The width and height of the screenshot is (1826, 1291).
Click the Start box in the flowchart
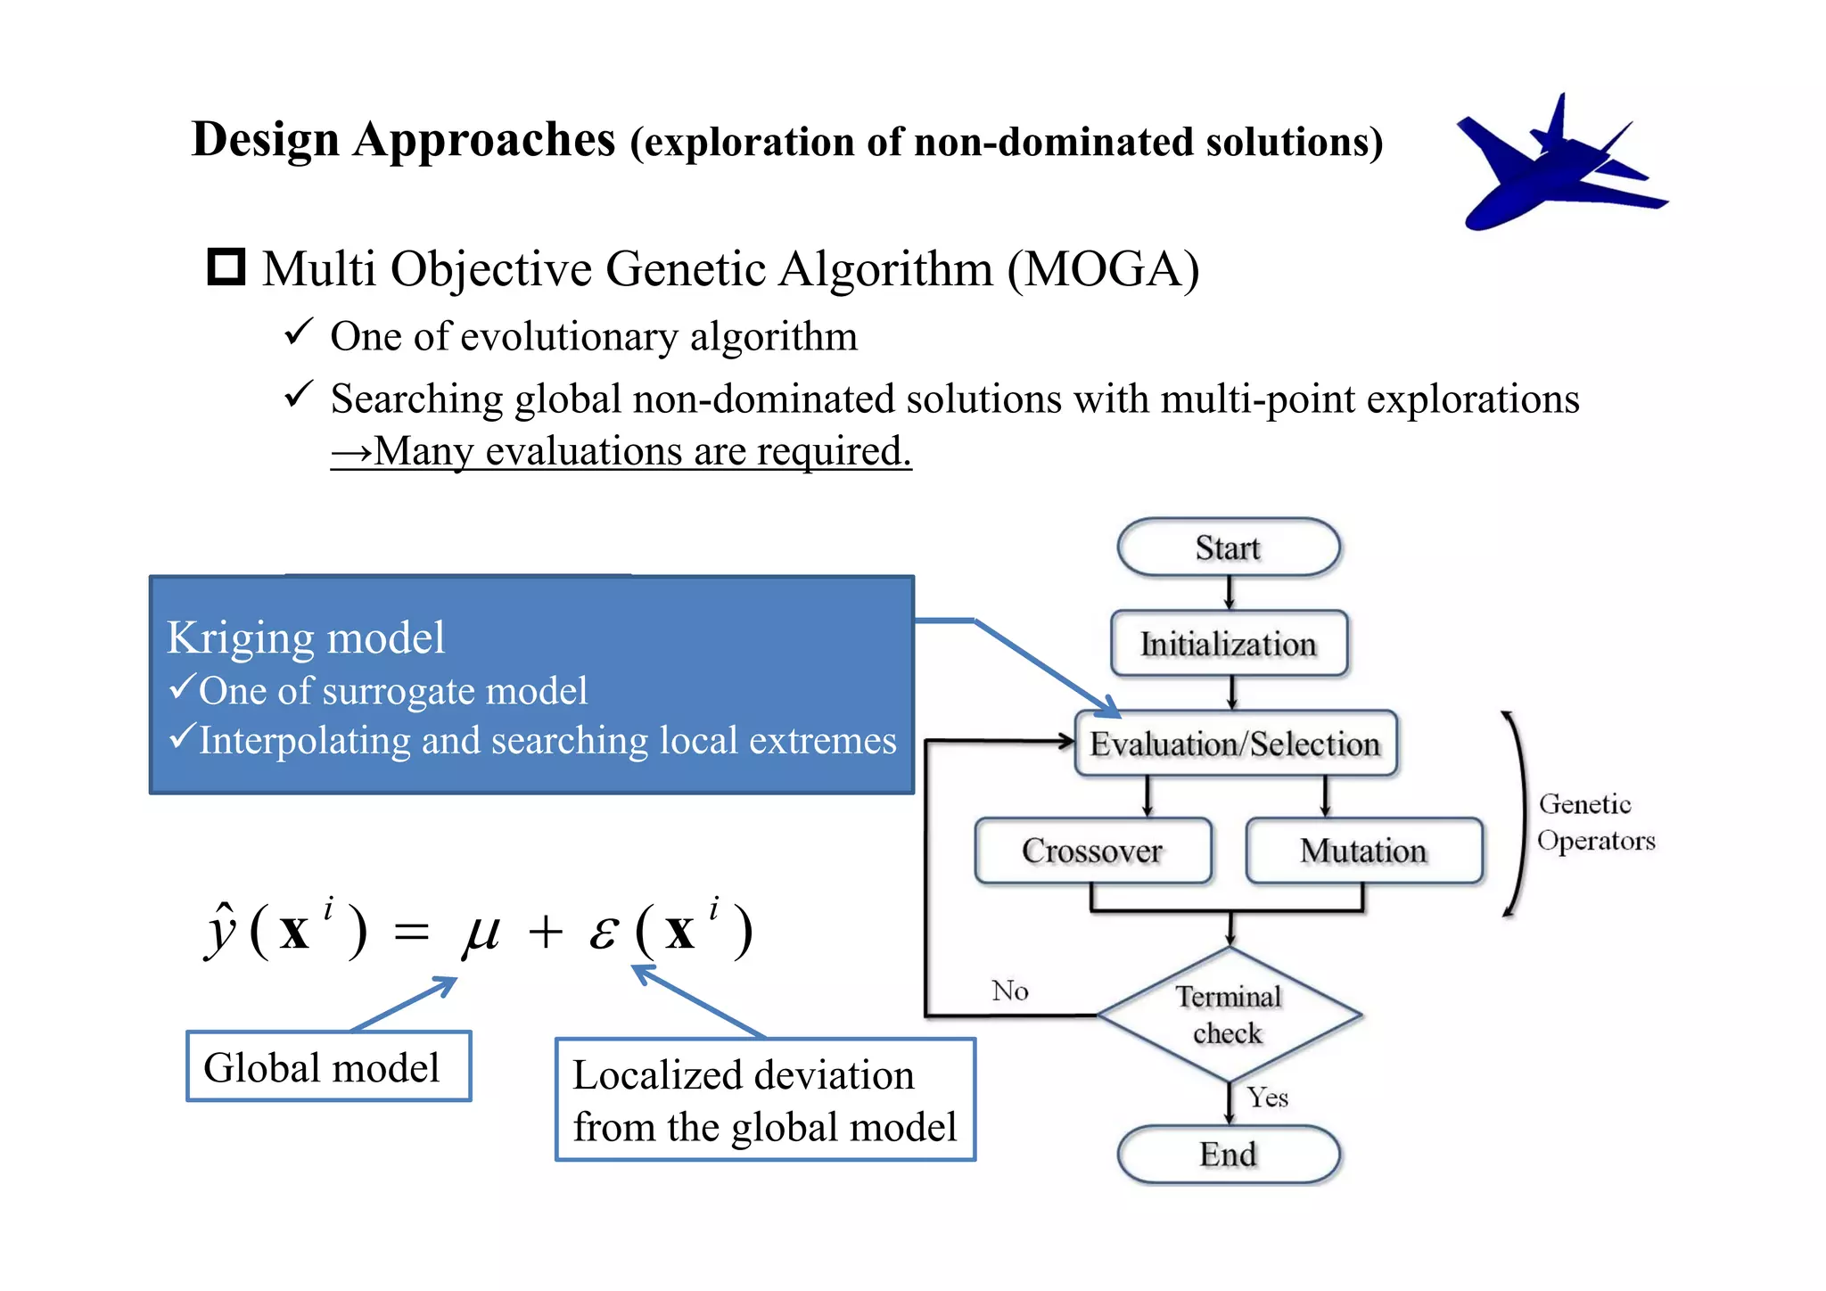click(x=1228, y=547)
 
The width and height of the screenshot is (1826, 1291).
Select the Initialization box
click(x=1228, y=644)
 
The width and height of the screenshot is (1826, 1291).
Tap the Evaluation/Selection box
click(x=1235, y=744)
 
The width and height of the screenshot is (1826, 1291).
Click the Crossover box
click(x=1092, y=851)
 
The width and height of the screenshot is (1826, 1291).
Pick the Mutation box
click(x=1363, y=851)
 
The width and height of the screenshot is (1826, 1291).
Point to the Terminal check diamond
click(x=1228, y=1015)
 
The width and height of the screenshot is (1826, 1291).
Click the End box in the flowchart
click(x=1228, y=1155)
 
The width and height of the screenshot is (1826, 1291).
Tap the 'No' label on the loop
click(x=1010, y=991)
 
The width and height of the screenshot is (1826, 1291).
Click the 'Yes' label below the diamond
click(x=1267, y=1098)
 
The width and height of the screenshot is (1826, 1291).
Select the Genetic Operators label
click(x=1595, y=822)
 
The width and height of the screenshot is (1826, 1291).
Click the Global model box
click(x=328, y=1066)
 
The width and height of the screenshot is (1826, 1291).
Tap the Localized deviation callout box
click(x=765, y=1100)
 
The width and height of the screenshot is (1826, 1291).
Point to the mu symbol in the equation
click(x=481, y=933)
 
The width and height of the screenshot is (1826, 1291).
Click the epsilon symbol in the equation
click(x=604, y=933)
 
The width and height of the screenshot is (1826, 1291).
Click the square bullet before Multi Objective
click(x=226, y=267)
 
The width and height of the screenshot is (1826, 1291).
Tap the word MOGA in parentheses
click(x=1103, y=268)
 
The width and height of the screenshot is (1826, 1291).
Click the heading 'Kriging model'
click(x=306, y=638)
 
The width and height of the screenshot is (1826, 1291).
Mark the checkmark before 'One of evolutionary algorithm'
click(x=298, y=333)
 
